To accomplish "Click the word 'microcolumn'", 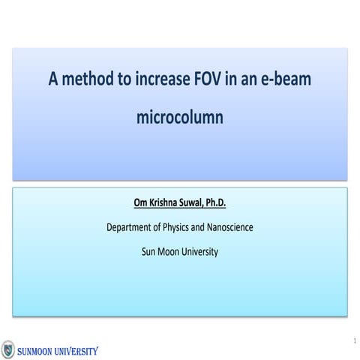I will point(179,118).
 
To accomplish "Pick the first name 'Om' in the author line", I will point(141,202).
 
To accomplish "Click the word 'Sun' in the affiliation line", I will point(149,251).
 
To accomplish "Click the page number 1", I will point(352,342).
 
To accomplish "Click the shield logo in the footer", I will point(7,349).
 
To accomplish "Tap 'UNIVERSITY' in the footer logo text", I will point(76,350).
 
